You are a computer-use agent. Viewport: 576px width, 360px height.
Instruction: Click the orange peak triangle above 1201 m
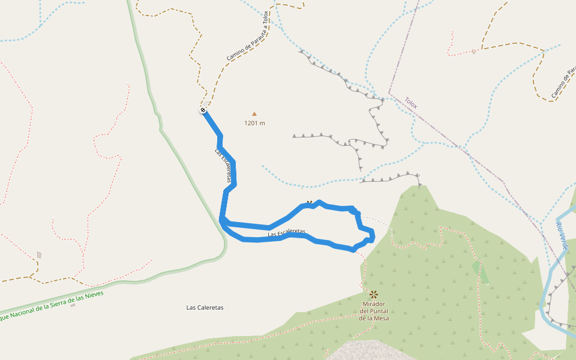click(x=254, y=113)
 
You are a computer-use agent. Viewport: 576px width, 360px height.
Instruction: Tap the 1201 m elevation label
click(x=254, y=123)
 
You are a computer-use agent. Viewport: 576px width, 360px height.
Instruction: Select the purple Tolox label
click(x=411, y=103)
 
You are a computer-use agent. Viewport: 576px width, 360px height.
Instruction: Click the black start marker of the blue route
click(x=203, y=110)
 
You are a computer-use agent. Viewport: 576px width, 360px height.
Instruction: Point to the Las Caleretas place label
click(x=205, y=307)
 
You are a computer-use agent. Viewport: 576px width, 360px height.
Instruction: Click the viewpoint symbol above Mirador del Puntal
click(x=374, y=294)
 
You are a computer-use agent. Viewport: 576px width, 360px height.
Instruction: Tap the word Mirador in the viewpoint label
click(x=374, y=304)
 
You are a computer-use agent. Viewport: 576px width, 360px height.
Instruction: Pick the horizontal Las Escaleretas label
click(x=287, y=232)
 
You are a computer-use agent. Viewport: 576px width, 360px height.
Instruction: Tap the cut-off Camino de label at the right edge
click(x=563, y=84)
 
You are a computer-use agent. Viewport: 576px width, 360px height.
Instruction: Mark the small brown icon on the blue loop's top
click(x=309, y=203)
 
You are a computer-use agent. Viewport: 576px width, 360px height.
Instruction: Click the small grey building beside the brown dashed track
click(x=39, y=255)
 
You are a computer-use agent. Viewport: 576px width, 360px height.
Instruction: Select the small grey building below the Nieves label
click(x=73, y=305)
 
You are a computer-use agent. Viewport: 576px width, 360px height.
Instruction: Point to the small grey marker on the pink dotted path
click(x=474, y=51)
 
